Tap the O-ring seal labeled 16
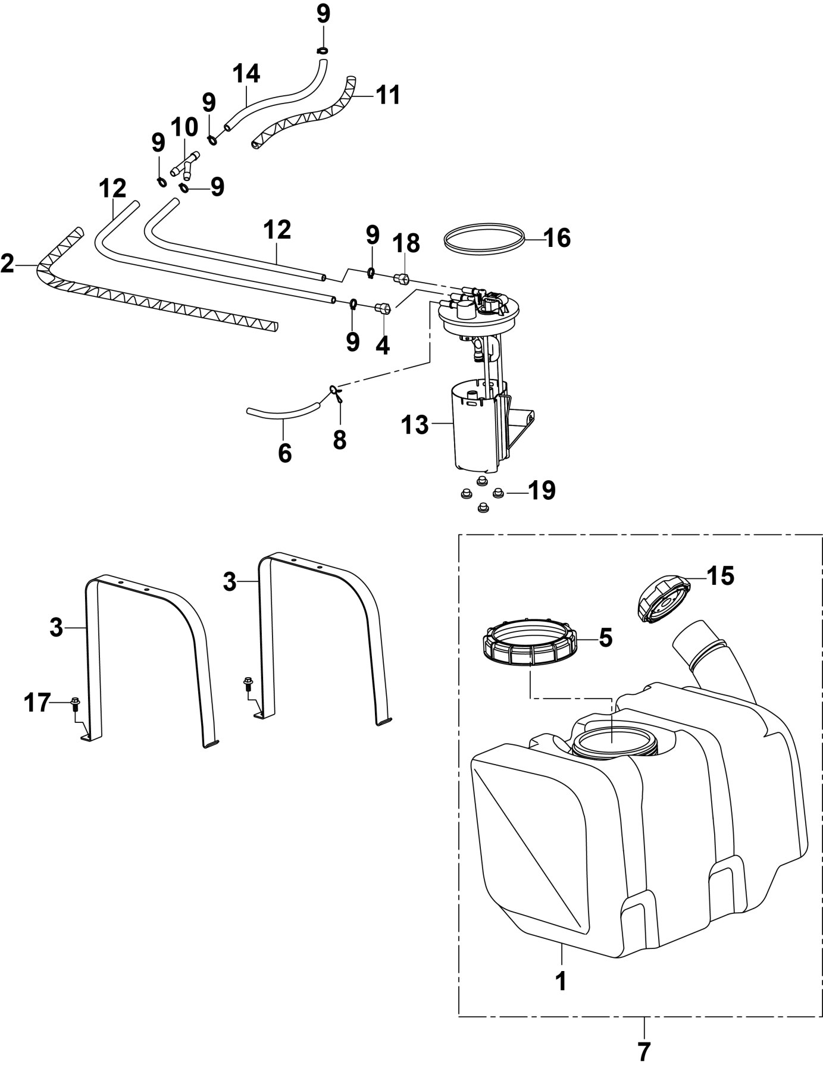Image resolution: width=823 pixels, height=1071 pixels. coord(486,240)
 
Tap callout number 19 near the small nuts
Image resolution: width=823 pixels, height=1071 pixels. coord(541,491)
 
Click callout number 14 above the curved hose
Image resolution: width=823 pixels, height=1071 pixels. coord(246,74)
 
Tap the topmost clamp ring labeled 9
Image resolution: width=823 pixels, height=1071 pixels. coord(321,49)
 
